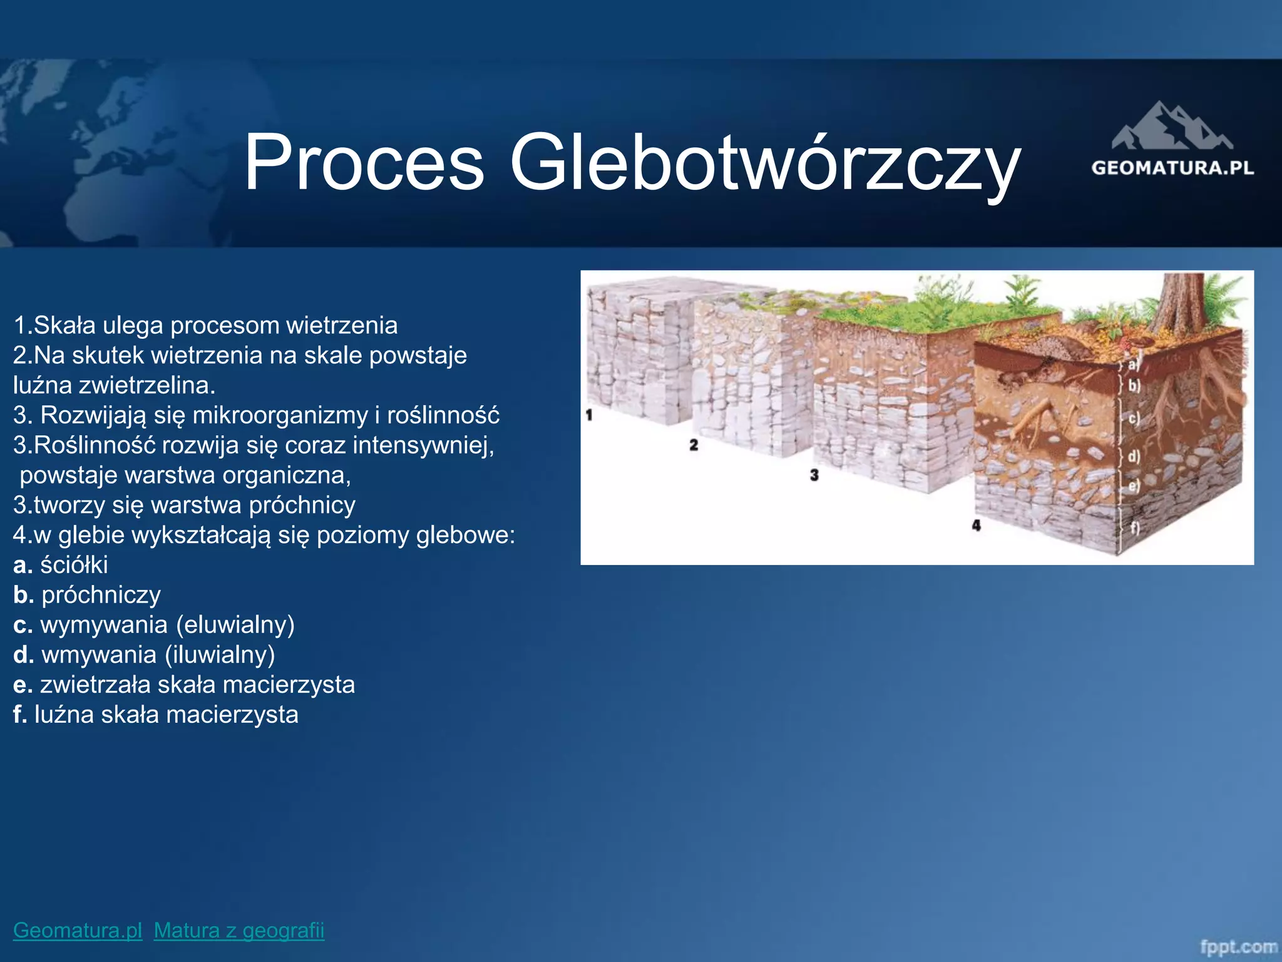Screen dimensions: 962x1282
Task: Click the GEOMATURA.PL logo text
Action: (x=1172, y=168)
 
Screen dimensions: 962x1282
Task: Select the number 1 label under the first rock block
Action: (x=588, y=415)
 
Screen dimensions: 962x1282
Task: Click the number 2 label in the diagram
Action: (x=694, y=445)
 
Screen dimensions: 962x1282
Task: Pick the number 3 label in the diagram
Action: (x=814, y=475)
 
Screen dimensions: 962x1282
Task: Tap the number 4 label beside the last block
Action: (x=976, y=525)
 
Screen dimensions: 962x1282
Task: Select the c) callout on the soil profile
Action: (x=1134, y=418)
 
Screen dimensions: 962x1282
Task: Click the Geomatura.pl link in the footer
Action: (x=78, y=930)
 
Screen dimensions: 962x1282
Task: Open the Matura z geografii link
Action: (x=239, y=930)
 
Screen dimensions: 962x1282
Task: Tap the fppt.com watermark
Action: (x=1238, y=946)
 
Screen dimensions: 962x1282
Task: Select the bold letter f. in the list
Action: (x=19, y=715)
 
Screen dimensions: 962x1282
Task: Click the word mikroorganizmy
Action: (x=280, y=415)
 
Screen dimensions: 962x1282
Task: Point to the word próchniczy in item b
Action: (x=101, y=595)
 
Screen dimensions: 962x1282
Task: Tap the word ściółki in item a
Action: (x=74, y=565)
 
